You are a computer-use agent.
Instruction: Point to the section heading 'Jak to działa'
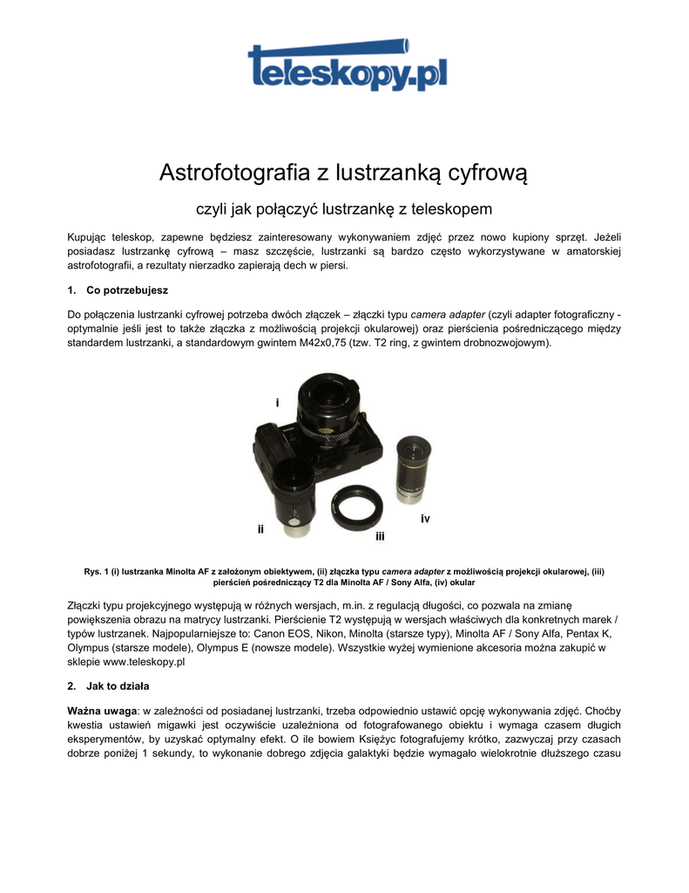[118, 685]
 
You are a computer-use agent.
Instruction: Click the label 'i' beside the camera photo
[277, 402]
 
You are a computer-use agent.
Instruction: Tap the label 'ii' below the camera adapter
[260, 528]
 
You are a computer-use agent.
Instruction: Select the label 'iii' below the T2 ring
[380, 535]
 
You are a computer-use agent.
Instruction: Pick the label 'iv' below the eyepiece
[425, 519]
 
